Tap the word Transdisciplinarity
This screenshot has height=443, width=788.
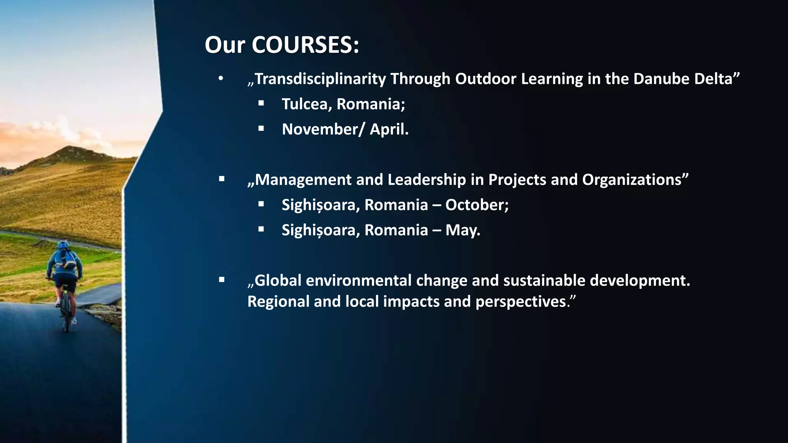click(320, 79)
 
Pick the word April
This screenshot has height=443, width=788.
click(388, 129)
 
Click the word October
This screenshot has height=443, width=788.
click(476, 205)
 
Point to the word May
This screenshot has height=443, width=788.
click(462, 230)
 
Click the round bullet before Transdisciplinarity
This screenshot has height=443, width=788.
click(220, 79)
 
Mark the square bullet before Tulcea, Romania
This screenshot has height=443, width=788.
click(261, 103)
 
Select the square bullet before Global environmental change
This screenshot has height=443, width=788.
click(222, 280)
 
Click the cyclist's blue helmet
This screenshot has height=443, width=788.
click(63, 245)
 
